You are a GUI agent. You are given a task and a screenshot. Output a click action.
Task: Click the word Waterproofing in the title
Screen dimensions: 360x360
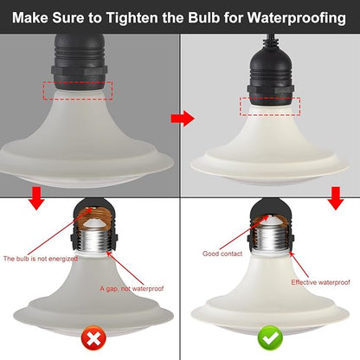tap(297, 18)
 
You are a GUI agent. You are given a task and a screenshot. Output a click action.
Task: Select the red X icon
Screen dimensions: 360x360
tap(93, 337)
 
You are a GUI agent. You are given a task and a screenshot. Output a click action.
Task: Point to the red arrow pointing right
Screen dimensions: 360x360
tap(183, 119)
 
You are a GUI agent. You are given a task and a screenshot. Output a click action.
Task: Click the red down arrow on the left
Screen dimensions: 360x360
tap(36, 198)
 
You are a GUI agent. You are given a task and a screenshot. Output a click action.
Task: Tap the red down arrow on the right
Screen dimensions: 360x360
tap(336, 198)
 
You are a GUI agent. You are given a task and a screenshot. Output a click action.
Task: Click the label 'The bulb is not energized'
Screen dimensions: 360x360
tap(41, 259)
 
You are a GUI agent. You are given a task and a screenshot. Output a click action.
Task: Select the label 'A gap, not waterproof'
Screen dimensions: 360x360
tap(132, 288)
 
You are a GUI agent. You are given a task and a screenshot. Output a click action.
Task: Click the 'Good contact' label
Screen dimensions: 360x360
tap(222, 254)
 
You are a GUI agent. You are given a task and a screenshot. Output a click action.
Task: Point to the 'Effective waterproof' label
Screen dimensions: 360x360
tap(320, 282)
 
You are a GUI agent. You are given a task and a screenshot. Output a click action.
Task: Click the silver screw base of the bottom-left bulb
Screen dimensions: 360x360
tap(93, 240)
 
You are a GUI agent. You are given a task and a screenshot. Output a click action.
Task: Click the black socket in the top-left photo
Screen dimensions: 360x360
tap(79, 61)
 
